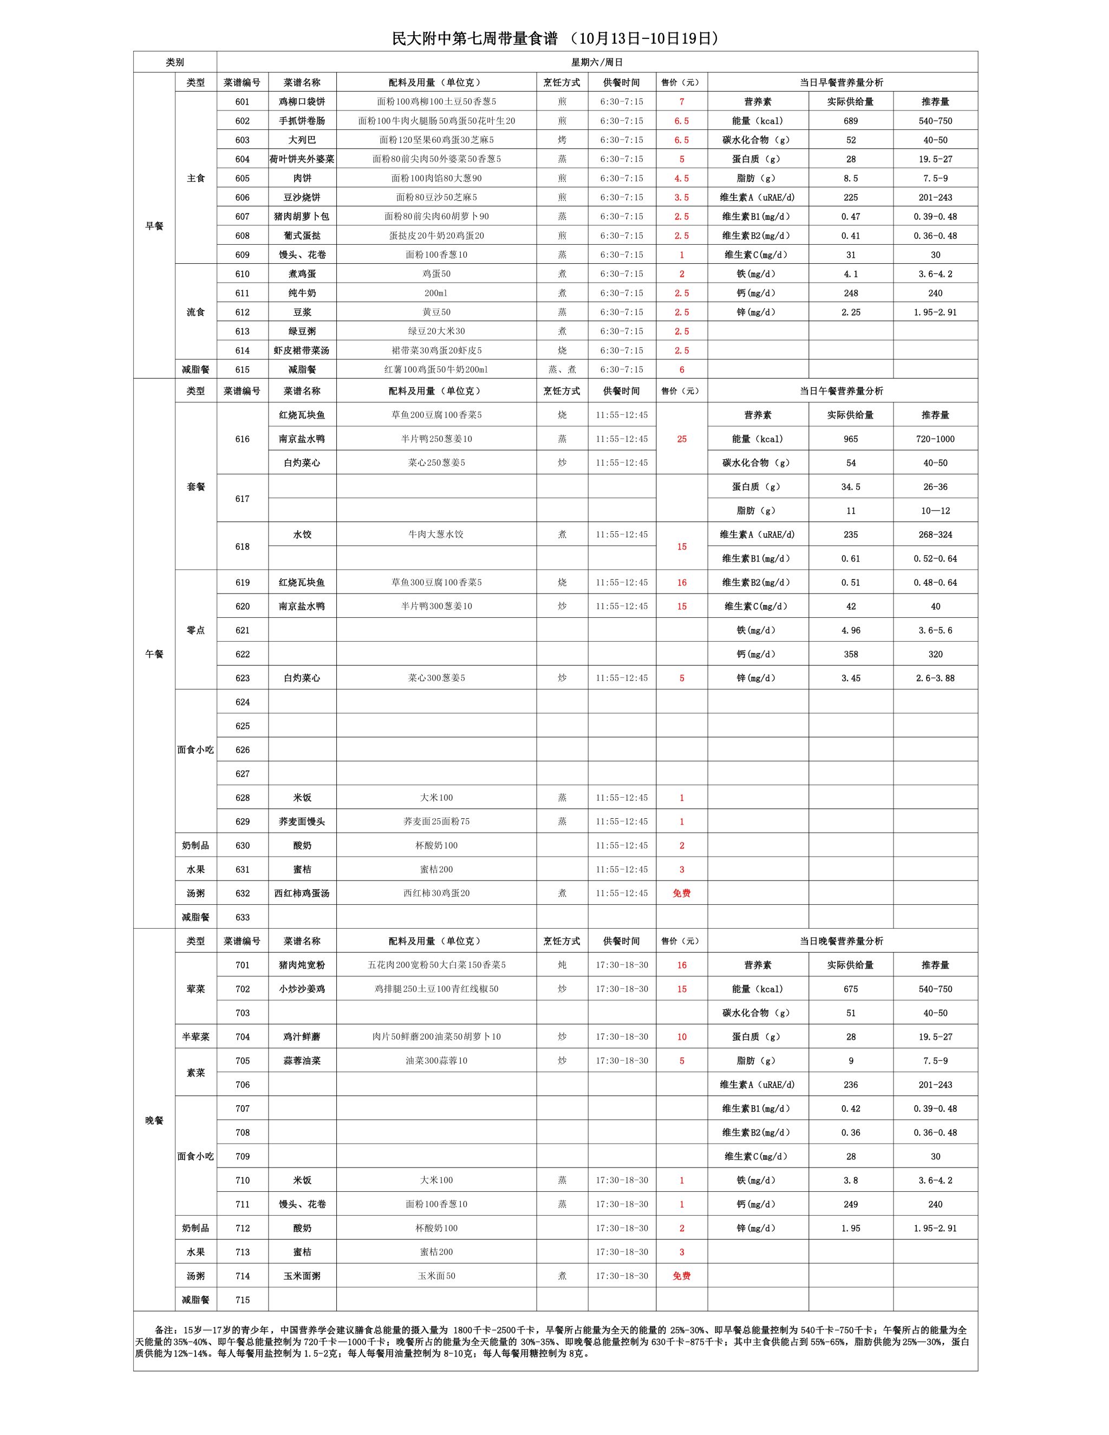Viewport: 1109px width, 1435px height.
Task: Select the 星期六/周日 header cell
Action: pyautogui.click(x=597, y=62)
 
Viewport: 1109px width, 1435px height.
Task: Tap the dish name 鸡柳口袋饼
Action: pyautogui.click(x=302, y=102)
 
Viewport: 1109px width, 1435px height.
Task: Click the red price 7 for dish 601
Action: pyautogui.click(x=681, y=102)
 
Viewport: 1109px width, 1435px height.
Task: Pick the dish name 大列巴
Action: pyautogui.click(x=302, y=140)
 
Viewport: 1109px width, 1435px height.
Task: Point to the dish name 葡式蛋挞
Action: pyautogui.click(x=302, y=235)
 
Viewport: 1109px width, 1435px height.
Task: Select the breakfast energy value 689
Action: pyautogui.click(x=850, y=121)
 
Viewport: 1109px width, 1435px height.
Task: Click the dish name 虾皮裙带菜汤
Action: pyautogui.click(x=302, y=350)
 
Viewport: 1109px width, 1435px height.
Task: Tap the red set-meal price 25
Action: pyautogui.click(x=681, y=439)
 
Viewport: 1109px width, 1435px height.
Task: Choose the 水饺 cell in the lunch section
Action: pyautogui.click(x=302, y=534)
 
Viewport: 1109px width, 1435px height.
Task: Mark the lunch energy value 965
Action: pyautogui.click(x=850, y=439)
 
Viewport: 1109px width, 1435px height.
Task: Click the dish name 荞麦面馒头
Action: pyautogui.click(x=302, y=821)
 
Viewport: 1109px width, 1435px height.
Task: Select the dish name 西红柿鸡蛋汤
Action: pyautogui.click(x=302, y=893)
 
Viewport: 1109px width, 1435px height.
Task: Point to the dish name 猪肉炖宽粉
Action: pyautogui.click(x=302, y=965)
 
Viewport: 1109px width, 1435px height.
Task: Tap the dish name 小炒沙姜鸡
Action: pyautogui.click(x=302, y=989)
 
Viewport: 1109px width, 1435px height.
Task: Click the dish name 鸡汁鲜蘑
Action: pyautogui.click(x=302, y=1037)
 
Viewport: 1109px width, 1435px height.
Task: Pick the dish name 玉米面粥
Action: pyautogui.click(x=302, y=1276)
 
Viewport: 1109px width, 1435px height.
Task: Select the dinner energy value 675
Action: pyautogui.click(x=850, y=989)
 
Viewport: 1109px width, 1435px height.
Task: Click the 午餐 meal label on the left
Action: pyautogui.click(x=154, y=654)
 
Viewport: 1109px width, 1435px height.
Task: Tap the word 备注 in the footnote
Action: pyautogui.click(x=165, y=1329)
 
